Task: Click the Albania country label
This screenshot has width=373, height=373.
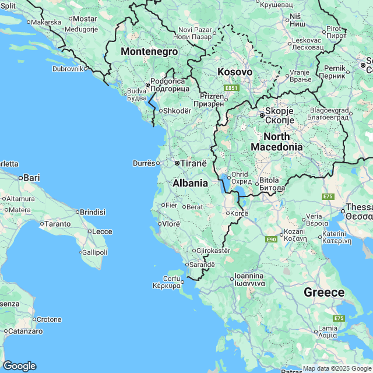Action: [x=190, y=183]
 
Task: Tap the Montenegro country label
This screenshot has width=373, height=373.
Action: [x=149, y=52]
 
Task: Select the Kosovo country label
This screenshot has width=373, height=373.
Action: [x=235, y=72]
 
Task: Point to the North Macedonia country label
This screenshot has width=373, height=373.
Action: [x=277, y=142]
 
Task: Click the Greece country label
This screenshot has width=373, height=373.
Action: [x=323, y=292]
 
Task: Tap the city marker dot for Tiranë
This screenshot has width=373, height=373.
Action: [x=177, y=164]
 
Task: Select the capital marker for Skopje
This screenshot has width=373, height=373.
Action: [x=262, y=115]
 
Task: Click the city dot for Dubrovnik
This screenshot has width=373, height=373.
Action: [x=87, y=68]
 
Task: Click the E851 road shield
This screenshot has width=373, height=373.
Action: [x=231, y=88]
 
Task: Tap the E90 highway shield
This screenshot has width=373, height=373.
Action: [x=270, y=240]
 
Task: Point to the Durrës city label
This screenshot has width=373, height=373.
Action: [x=144, y=163]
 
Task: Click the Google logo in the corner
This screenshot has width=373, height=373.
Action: [x=19, y=365]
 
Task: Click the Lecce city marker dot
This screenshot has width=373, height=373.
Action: [x=90, y=231]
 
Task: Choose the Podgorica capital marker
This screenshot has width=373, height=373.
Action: [x=148, y=85]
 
